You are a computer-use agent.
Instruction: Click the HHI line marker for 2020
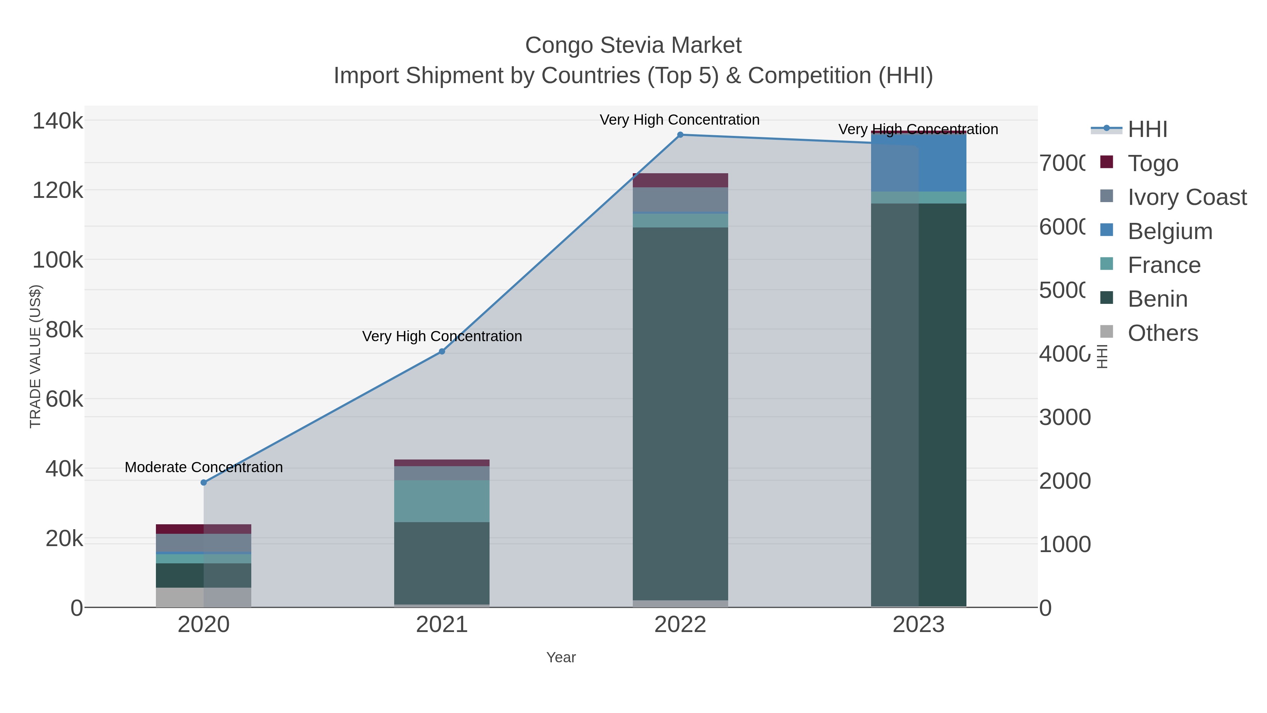(x=204, y=482)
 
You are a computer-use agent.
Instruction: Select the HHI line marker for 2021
(x=442, y=351)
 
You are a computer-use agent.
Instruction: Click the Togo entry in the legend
(x=1152, y=163)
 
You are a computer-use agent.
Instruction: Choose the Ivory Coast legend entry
(x=1187, y=197)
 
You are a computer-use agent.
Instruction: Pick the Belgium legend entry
(x=1170, y=231)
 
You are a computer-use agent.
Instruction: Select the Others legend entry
(x=1162, y=333)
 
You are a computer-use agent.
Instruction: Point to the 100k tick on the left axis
(x=58, y=260)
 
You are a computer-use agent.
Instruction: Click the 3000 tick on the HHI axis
(x=1064, y=417)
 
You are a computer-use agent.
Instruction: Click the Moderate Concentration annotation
(x=204, y=467)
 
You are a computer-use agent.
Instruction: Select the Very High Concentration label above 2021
(x=442, y=336)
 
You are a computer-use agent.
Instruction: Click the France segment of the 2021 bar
(x=442, y=501)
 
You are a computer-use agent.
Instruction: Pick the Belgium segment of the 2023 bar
(x=918, y=162)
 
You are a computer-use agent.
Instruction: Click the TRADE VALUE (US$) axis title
(x=36, y=356)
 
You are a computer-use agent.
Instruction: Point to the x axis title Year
(x=561, y=657)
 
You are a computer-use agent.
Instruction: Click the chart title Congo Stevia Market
(x=633, y=45)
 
